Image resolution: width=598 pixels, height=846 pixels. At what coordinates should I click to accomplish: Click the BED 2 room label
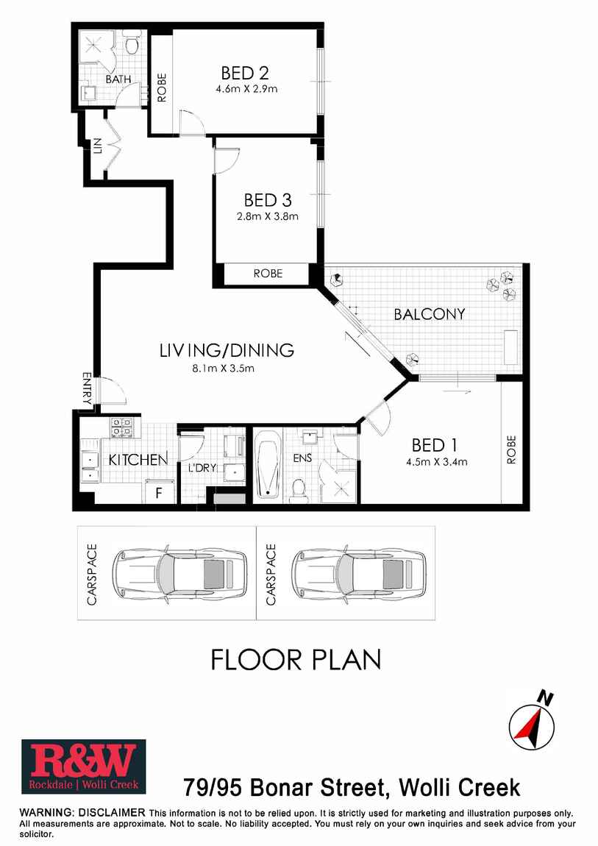coord(245,73)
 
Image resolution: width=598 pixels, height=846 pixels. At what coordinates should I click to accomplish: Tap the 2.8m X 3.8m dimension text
coord(268,217)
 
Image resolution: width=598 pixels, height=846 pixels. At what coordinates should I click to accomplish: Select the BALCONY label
coord(430,314)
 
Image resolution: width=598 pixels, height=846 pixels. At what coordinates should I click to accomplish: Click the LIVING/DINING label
coord(227,350)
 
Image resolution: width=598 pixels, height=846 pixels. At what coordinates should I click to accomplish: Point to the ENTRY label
coord(87,388)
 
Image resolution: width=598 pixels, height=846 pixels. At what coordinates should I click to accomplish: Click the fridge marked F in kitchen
coord(160,491)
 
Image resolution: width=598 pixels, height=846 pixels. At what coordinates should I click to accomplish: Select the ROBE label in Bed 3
coord(268,274)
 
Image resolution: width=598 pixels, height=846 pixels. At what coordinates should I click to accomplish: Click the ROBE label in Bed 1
coord(511,449)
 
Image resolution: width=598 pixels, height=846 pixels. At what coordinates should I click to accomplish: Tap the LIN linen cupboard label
coord(97,146)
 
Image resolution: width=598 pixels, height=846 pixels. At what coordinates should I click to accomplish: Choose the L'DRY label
coord(202,468)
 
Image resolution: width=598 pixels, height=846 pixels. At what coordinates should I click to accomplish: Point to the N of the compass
coord(547,700)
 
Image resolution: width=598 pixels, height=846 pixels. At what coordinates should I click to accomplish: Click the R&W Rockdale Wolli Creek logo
coord(84,767)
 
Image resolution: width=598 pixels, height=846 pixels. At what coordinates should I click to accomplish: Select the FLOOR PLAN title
coord(296,660)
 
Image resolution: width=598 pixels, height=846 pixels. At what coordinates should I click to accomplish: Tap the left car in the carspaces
coord(179,574)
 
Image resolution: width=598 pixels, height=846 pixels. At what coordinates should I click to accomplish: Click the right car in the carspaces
coord(359,574)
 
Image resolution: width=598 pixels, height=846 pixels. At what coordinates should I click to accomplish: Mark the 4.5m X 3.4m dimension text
coord(437,463)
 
